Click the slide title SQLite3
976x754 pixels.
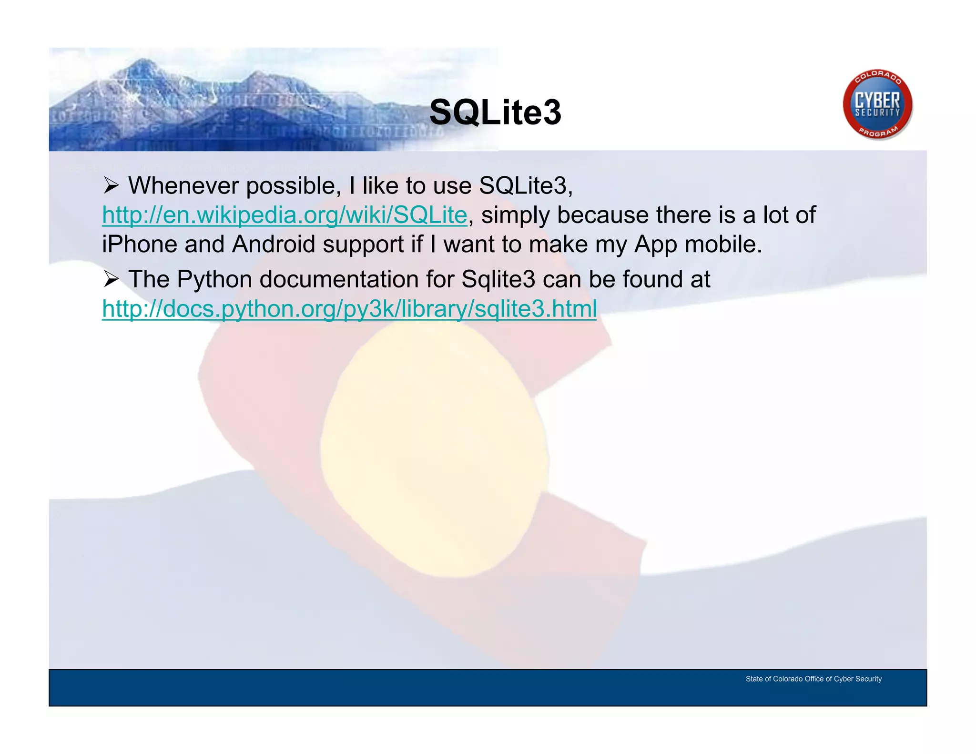(495, 112)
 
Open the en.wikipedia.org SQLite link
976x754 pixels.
(284, 215)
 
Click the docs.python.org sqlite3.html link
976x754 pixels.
(349, 309)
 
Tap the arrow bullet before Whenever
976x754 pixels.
(111, 186)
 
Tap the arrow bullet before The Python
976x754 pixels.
(111, 279)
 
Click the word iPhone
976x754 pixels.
(139, 245)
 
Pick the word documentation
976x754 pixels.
(339, 279)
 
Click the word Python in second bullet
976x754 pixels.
(214, 279)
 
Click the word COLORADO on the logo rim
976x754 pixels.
(877, 76)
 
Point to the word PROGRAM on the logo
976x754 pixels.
(878, 132)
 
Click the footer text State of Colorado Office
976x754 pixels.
(813, 679)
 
